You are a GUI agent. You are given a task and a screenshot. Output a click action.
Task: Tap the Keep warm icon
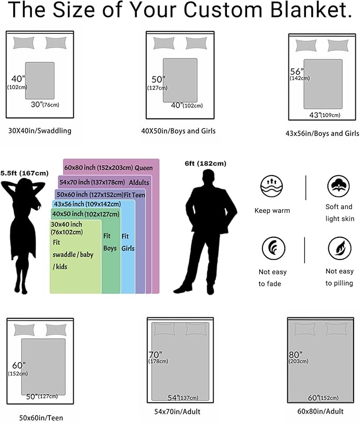pos(272,186)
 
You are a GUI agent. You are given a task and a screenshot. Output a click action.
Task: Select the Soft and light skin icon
pos(338,186)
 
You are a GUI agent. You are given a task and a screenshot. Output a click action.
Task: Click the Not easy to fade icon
pos(273,248)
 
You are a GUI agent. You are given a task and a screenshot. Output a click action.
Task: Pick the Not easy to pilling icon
pos(339,248)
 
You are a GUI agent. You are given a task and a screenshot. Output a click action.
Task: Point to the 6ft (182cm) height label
pos(205,163)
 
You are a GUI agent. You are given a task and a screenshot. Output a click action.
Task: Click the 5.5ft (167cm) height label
pos(24,173)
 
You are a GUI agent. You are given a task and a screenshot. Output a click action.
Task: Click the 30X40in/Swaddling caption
pos(40,131)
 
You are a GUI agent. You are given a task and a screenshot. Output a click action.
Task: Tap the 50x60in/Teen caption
pos(41,418)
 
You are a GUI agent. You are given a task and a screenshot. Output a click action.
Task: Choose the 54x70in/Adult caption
pos(177,412)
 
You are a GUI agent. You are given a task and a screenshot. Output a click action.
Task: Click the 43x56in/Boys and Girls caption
pos(322,134)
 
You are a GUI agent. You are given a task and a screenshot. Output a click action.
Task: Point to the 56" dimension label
pos(297,72)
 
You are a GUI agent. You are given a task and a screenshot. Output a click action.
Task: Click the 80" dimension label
pos(295,355)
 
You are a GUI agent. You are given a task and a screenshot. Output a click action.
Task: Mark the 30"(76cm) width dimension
pos(45,105)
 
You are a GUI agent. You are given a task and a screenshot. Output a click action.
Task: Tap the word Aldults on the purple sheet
pos(139,183)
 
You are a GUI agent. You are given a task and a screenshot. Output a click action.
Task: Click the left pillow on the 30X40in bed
pos(24,43)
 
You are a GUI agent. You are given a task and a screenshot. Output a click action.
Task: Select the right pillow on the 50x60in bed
pos(56,330)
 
